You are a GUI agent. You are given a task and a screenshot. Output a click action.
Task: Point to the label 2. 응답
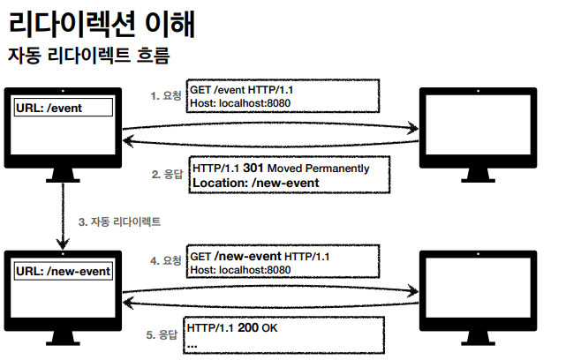coord(166,174)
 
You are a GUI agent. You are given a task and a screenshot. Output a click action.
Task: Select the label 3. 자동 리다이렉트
coord(119,221)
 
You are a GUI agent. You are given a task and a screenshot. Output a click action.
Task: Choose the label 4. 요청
coord(166,260)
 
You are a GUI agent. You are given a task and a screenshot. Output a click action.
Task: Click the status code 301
coord(254,168)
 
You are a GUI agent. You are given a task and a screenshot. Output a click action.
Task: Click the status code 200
coord(248,328)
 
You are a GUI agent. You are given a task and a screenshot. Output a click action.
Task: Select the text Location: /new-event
coord(255,183)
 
